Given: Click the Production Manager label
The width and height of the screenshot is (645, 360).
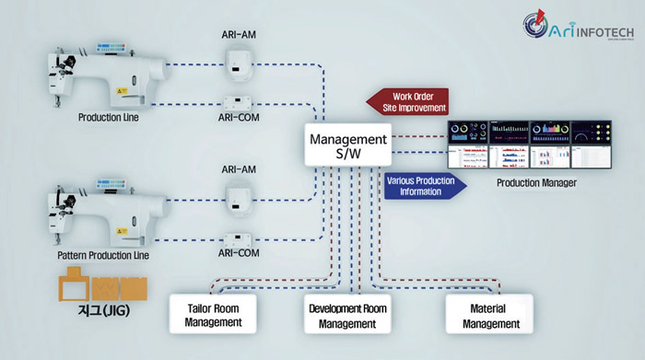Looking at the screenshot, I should tap(536, 183).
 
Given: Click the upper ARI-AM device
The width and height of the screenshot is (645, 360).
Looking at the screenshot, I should tap(238, 62).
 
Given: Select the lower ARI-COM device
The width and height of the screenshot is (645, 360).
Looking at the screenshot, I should tap(238, 236).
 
